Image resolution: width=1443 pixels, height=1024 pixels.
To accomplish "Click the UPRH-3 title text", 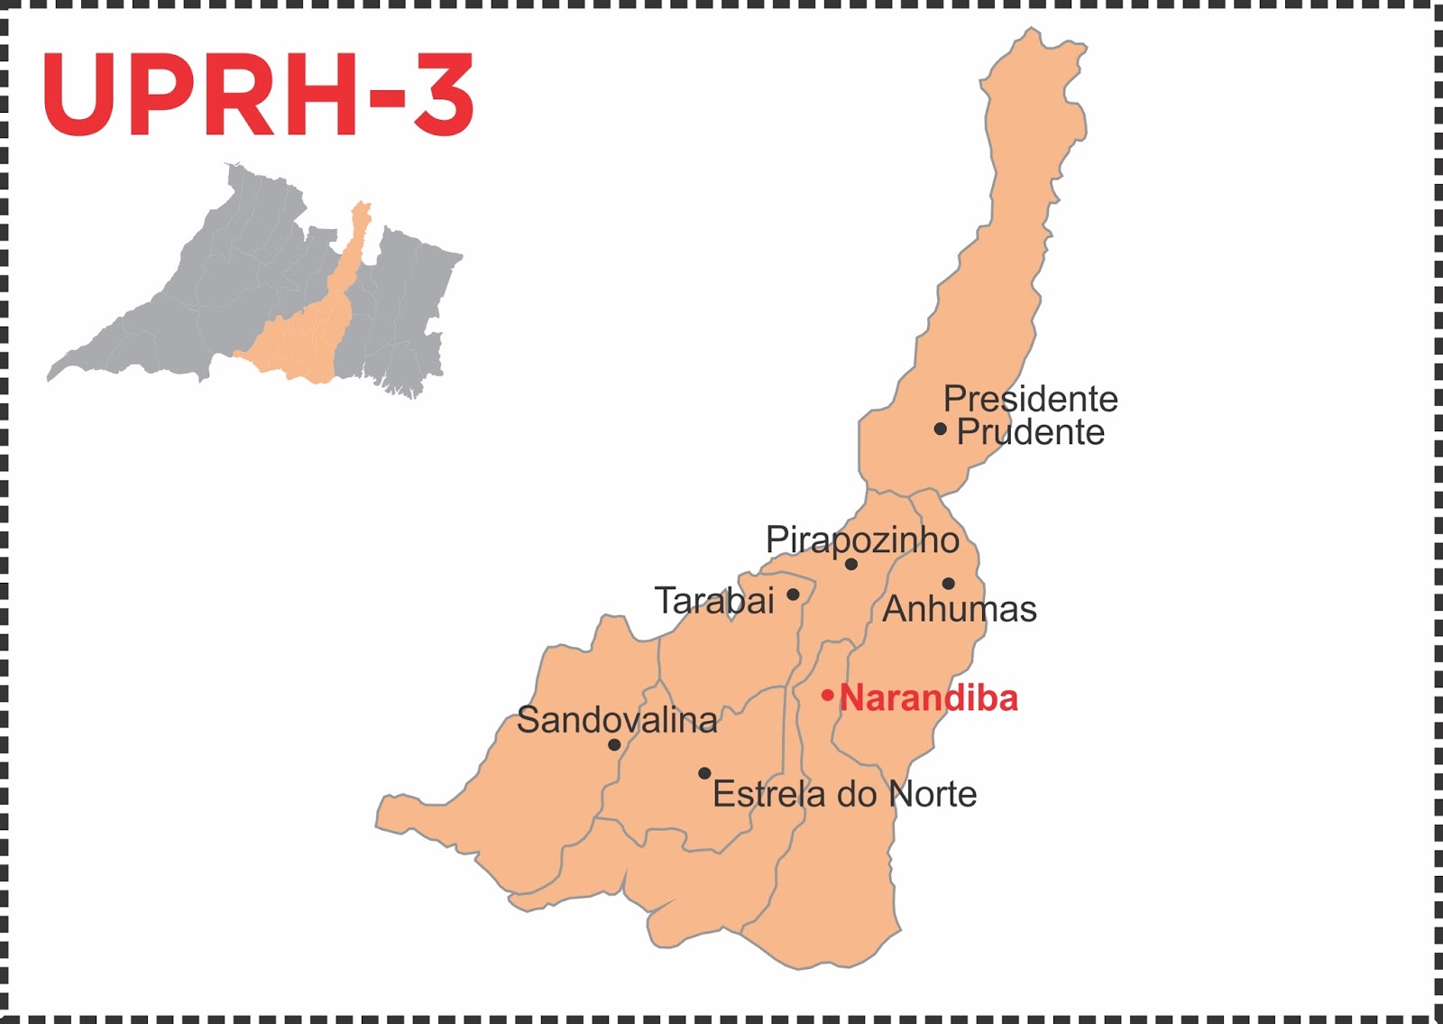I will point(258,96).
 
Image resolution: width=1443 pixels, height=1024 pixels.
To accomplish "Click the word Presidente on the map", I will point(1030,399).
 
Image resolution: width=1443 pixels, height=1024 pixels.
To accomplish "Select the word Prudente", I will point(1030,432).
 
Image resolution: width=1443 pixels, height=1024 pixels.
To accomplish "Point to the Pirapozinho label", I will point(862,540).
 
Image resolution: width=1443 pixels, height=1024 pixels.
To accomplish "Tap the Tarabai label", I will point(714,601).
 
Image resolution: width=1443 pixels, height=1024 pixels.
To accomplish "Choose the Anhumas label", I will point(960,609).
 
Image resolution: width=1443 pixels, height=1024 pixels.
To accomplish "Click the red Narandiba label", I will point(929,698).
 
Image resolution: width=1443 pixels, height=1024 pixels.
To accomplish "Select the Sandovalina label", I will point(617,720).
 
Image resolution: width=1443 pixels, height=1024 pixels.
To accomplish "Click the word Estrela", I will point(768,794).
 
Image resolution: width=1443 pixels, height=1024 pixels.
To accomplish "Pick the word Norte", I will point(933,794).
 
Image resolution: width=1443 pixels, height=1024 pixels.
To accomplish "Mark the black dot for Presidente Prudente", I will point(940,429).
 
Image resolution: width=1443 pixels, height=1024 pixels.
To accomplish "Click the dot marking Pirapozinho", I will point(850,564).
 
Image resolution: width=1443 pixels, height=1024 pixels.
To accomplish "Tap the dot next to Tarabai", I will point(793,595).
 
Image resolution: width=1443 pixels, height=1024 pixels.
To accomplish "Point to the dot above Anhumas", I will point(948,584).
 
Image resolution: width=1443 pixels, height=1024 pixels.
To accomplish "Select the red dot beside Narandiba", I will point(827,696).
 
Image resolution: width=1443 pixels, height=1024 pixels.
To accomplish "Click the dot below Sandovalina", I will point(614,745).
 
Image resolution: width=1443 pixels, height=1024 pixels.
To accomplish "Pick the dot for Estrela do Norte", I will point(704,773).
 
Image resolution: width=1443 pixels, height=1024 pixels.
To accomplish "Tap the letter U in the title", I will point(81,96).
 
